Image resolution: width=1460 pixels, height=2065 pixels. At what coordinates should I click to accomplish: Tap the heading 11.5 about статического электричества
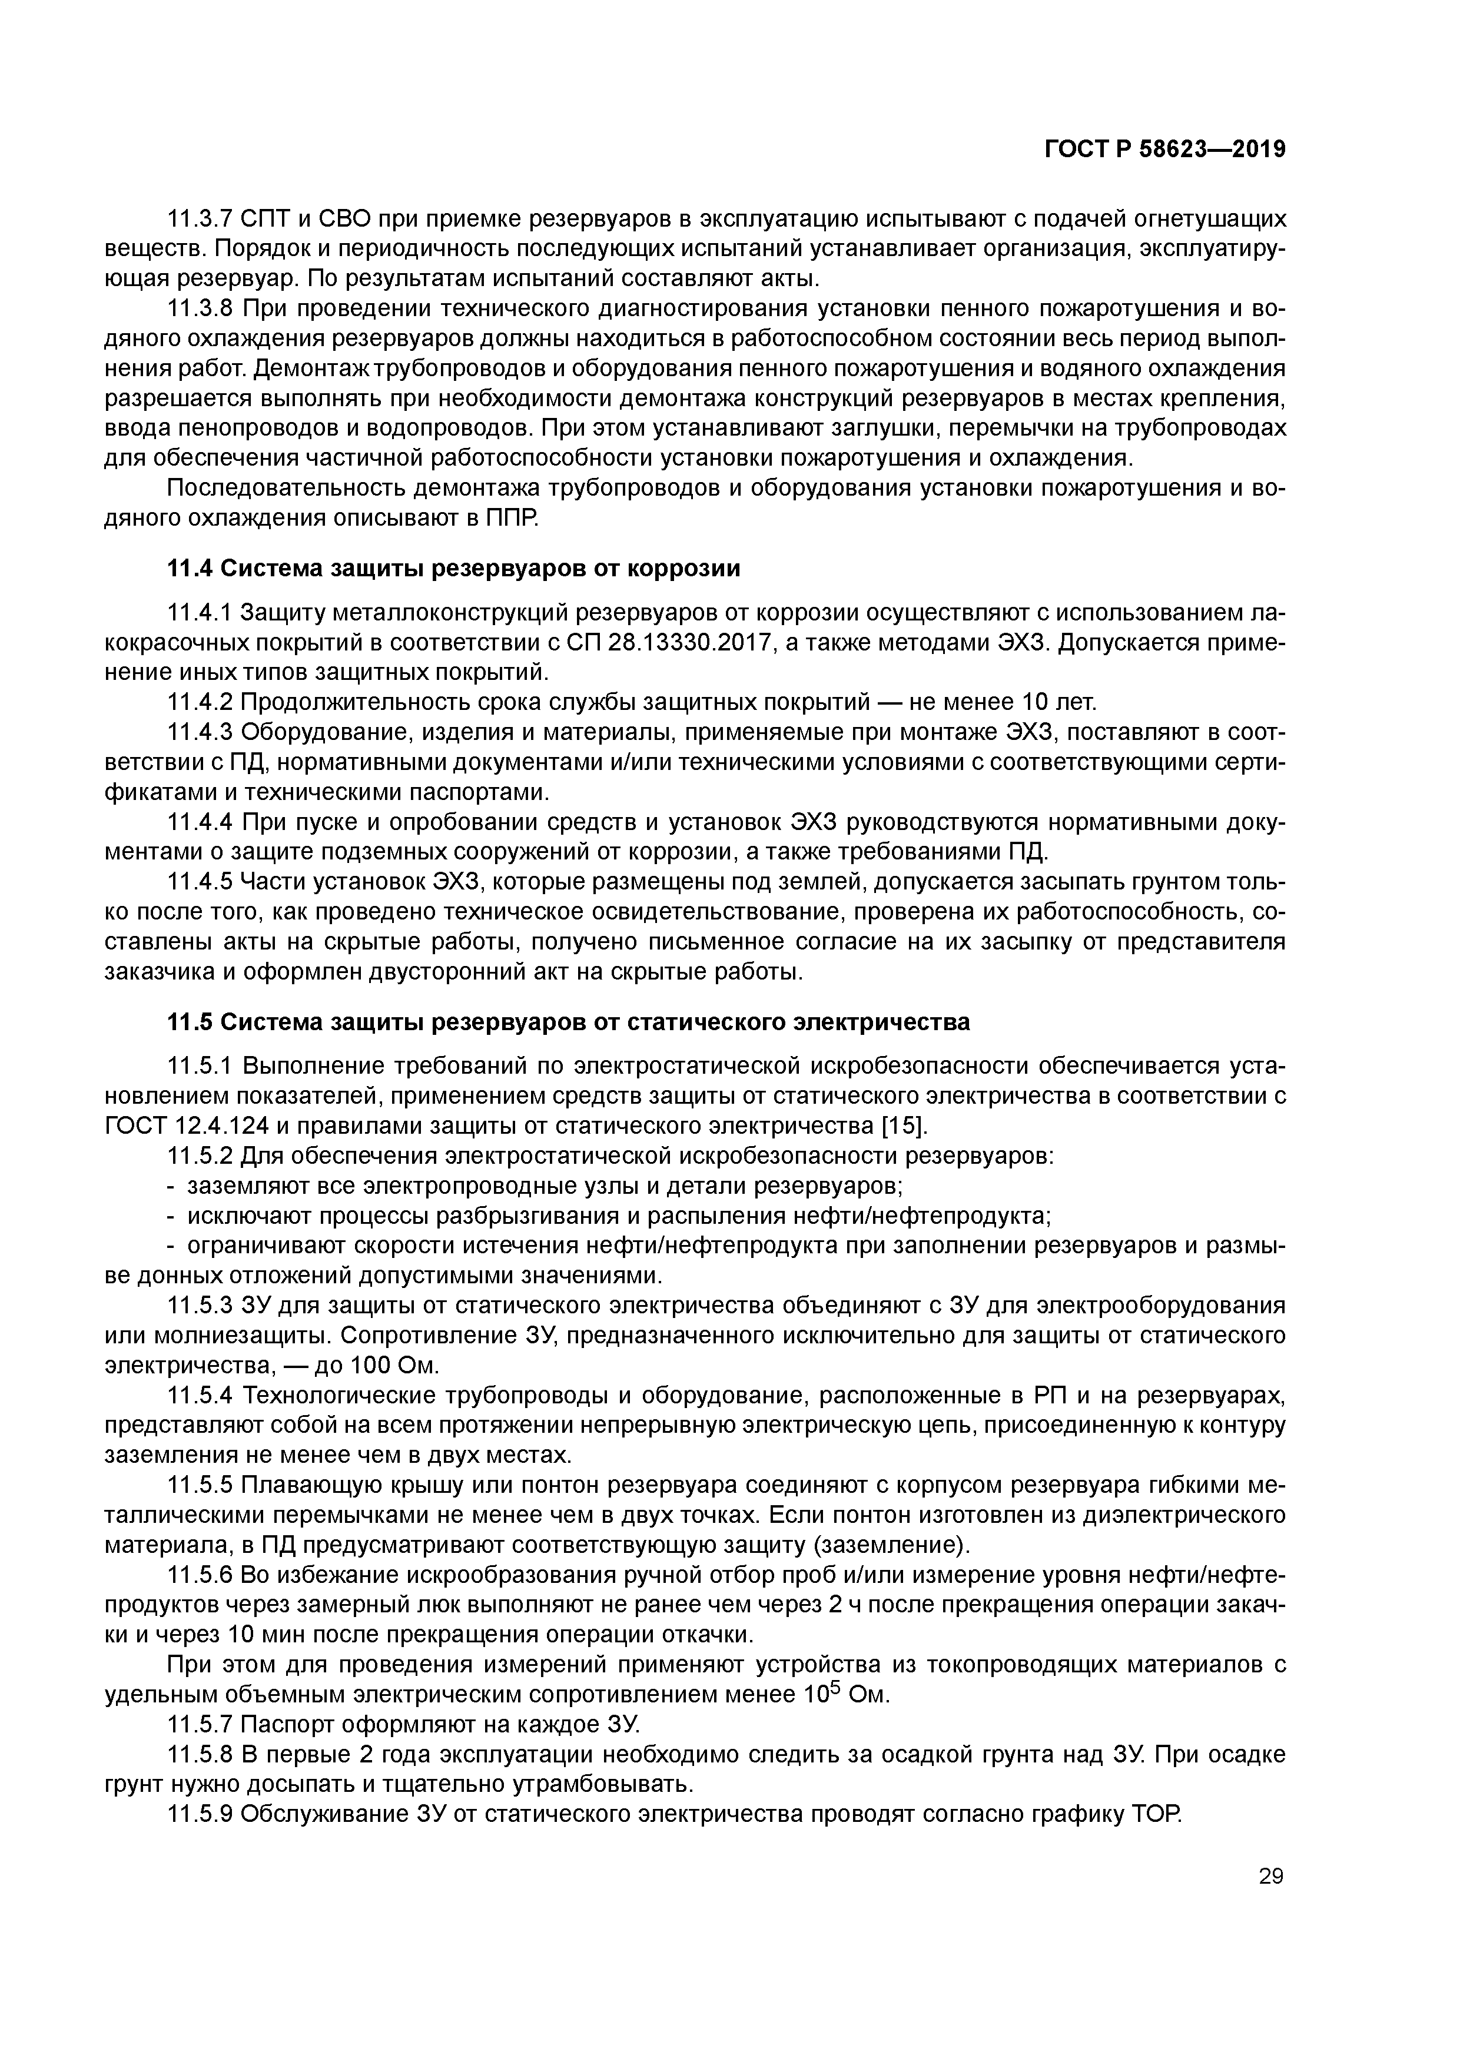[x=569, y=1022]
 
